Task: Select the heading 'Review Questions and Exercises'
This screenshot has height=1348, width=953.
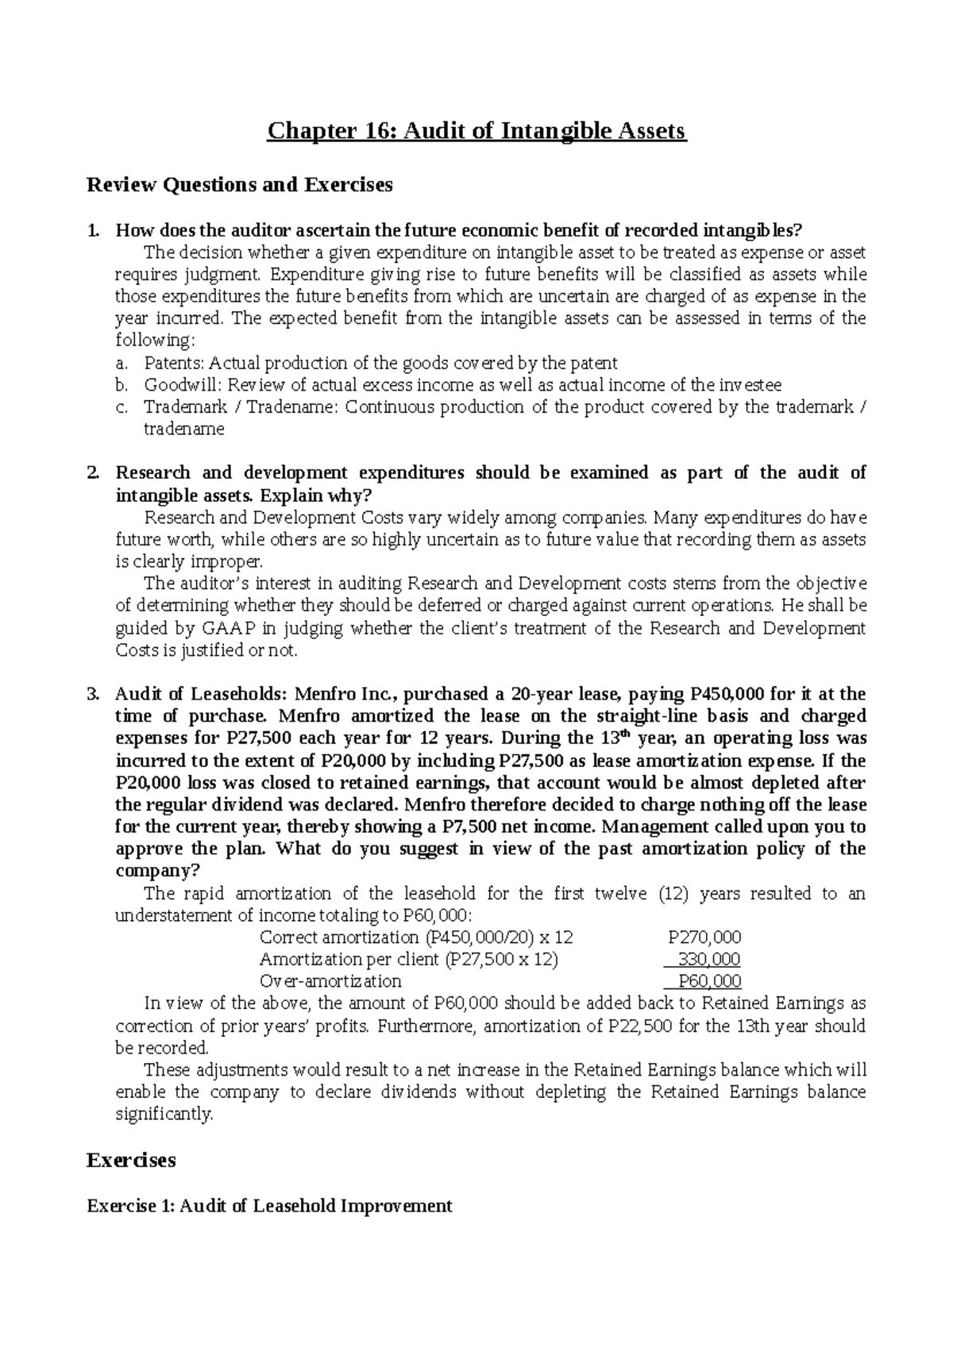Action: [239, 186]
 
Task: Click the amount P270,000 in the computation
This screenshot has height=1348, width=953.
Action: [704, 937]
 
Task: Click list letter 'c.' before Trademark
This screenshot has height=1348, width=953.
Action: [121, 408]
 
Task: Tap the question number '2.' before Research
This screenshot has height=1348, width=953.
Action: [93, 474]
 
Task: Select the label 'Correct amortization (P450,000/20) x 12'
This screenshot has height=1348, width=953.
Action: [416, 937]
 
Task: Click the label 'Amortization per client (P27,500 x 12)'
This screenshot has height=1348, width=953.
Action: [408, 959]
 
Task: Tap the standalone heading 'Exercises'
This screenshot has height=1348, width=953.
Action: [130, 1161]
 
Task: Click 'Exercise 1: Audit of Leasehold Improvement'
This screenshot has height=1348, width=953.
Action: [269, 1206]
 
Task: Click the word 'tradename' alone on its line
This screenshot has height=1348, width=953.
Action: [183, 429]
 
